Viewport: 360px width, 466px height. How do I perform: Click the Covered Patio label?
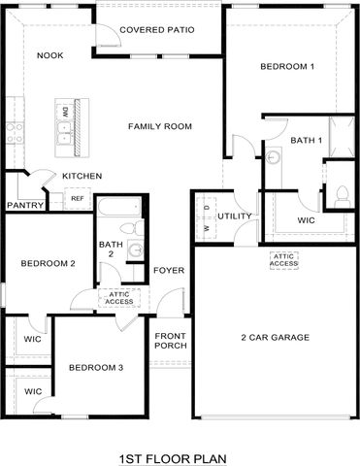(156, 30)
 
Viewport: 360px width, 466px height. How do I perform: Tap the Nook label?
(49, 55)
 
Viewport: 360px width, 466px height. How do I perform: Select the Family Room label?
(160, 126)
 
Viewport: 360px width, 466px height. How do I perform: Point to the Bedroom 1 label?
(287, 66)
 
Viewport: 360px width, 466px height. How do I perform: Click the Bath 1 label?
(306, 141)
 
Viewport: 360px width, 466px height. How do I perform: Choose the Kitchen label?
(82, 176)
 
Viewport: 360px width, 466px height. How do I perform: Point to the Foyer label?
(169, 271)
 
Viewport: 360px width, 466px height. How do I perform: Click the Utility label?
(235, 216)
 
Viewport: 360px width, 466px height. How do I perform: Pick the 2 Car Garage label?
(276, 338)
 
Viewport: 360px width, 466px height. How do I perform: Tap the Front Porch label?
(171, 340)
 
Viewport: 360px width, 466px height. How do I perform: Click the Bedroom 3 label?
(95, 367)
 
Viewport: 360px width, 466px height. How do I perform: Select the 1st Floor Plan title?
(175, 457)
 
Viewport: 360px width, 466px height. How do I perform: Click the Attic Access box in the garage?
(283, 259)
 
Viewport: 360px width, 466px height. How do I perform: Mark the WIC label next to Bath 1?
(307, 220)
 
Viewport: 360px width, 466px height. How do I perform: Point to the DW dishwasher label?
(65, 112)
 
